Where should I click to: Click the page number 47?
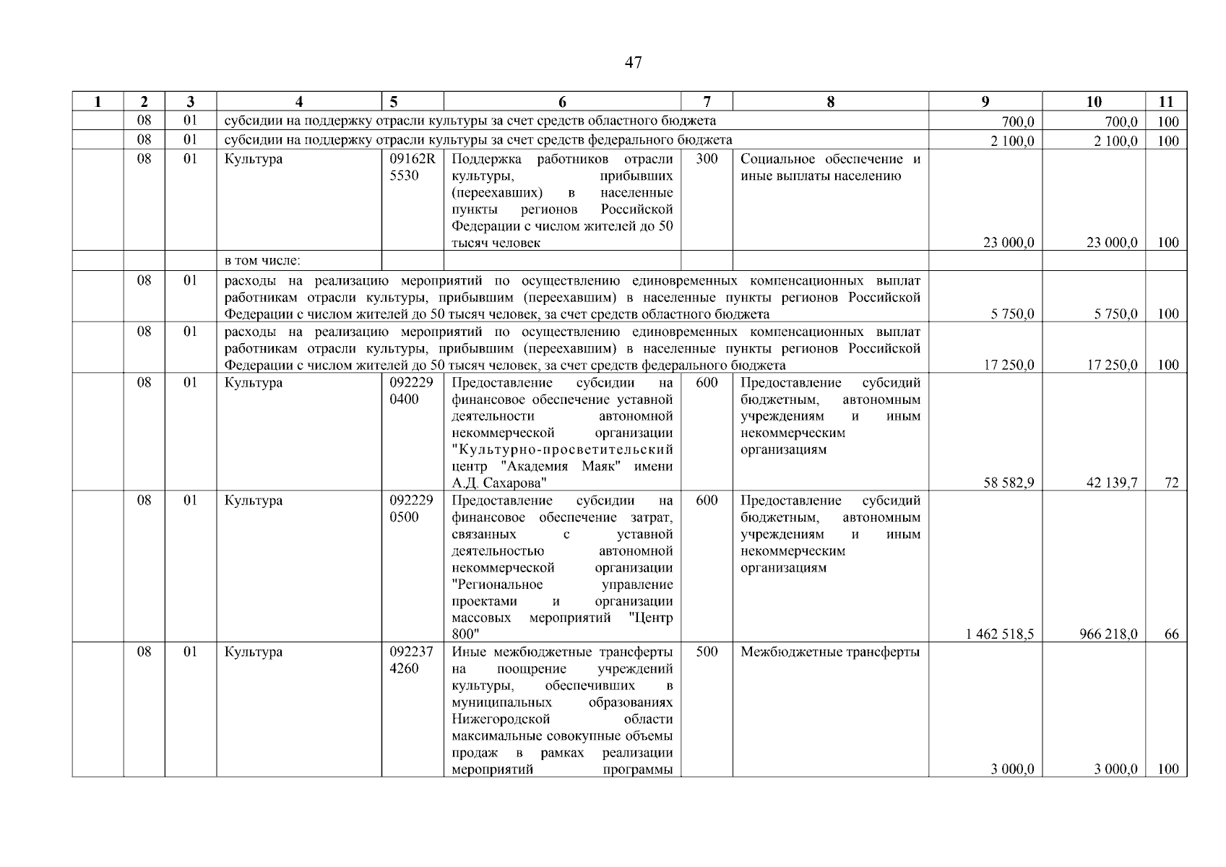[x=633, y=63]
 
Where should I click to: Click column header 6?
[x=562, y=102]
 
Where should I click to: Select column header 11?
[x=1165, y=102]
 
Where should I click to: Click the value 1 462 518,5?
[x=999, y=634]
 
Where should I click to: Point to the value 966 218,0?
[x=1105, y=634]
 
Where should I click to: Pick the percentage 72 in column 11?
[x=1171, y=483]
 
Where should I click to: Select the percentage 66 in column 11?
[x=1171, y=634]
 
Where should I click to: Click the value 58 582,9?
[x=1009, y=483]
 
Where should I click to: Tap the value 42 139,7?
[x=1112, y=483]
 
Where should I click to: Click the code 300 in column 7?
[x=707, y=159]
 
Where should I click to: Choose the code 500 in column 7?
[x=707, y=652]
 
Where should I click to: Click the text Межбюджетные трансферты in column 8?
[x=830, y=652]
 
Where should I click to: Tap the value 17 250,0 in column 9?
[x=1009, y=366]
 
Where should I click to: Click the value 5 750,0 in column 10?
[x=1115, y=314]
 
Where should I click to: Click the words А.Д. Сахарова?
[x=498, y=483]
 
